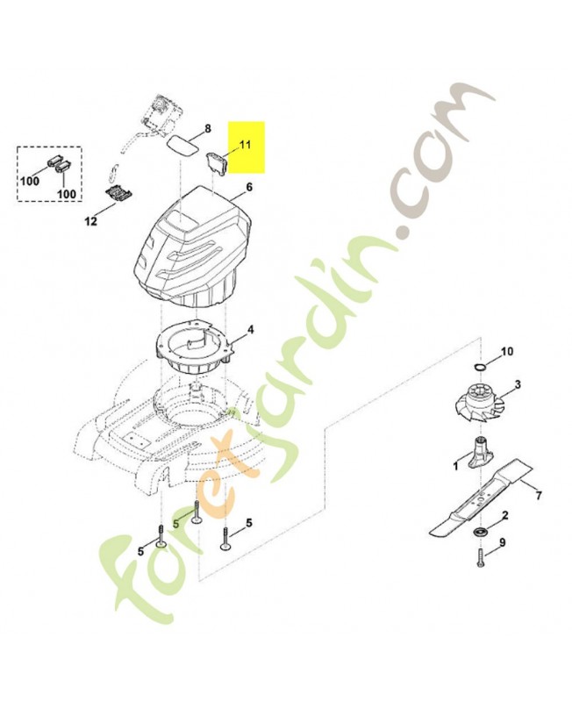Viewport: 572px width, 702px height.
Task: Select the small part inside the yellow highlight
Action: point(216,163)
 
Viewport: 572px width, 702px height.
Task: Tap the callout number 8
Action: point(208,129)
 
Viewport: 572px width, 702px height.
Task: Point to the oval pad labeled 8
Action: point(182,144)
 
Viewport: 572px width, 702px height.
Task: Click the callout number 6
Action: point(248,187)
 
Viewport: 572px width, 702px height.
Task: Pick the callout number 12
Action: point(90,221)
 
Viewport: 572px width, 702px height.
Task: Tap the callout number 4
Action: point(250,330)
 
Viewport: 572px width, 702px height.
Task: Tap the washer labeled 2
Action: point(481,534)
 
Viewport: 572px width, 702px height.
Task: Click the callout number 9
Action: point(502,543)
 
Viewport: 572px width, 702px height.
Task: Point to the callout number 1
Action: point(455,466)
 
